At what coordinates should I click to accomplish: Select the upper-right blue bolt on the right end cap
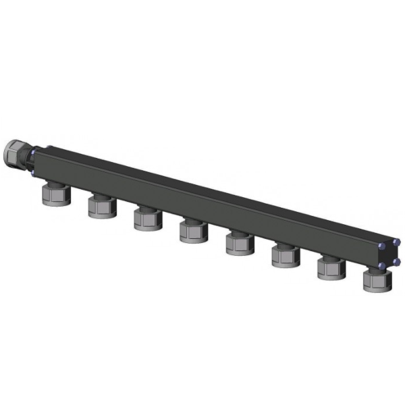(397, 240)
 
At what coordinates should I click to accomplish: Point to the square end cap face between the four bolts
(390, 253)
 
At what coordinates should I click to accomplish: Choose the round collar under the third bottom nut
(146, 226)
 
